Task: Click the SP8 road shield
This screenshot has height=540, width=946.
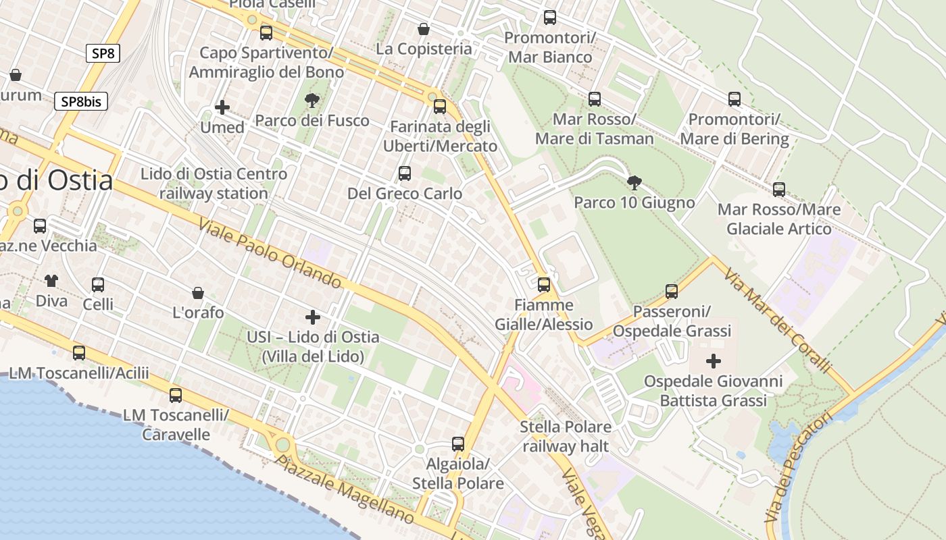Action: [x=103, y=53]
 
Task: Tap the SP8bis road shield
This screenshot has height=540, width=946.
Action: [x=81, y=101]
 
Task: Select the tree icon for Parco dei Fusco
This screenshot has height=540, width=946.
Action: [x=312, y=101]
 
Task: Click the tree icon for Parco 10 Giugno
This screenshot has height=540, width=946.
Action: [x=634, y=182]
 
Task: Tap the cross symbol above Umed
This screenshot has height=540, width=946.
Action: [x=222, y=107]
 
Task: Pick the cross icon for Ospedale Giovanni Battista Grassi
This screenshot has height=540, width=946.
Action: [x=713, y=361]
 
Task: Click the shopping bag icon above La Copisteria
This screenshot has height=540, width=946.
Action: [x=424, y=29]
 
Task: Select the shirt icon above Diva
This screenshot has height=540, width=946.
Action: [x=51, y=280]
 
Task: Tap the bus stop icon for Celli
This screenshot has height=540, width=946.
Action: [x=98, y=285]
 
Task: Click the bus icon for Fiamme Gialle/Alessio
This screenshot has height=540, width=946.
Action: [x=544, y=285]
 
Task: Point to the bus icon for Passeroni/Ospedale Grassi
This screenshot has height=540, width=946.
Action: [x=671, y=292]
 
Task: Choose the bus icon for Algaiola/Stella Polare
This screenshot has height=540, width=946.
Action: [x=458, y=444]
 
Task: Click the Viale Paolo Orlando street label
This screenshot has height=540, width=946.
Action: [x=270, y=252]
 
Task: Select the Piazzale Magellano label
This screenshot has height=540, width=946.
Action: [x=345, y=489]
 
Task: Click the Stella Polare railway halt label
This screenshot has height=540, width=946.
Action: [x=566, y=436]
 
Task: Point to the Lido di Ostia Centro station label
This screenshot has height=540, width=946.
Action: [x=214, y=184]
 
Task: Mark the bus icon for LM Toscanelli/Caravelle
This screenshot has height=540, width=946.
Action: [x=176, y=396]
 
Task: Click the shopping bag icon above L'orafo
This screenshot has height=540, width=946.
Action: [x=198, y=293]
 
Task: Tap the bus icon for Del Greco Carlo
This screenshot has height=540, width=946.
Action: [x=405, y=173]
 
